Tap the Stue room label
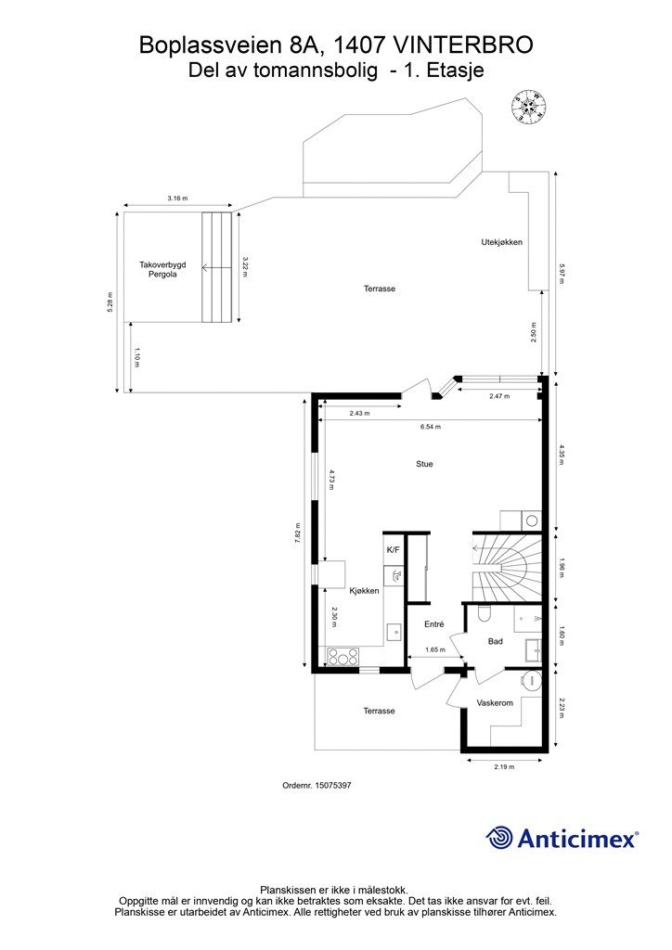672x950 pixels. point(424,464)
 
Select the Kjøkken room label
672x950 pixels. point(364,591)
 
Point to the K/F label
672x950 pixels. point(393,550)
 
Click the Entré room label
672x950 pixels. point(434,624)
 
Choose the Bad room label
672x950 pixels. point(496,641)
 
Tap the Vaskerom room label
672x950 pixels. point(495,703)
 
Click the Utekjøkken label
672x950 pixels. point(501,242)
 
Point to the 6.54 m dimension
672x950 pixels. point(430,427)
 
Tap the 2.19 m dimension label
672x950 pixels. point(504,767)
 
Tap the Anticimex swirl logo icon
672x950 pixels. point(500,838)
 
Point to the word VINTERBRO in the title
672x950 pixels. point(463,45)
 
